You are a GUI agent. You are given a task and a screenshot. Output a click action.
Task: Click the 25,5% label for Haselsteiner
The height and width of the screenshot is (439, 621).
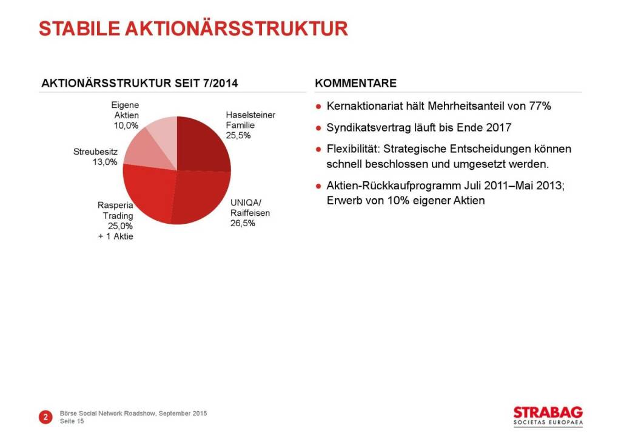pos(238,135)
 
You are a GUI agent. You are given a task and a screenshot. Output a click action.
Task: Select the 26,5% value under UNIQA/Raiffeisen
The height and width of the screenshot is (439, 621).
pos(243,223)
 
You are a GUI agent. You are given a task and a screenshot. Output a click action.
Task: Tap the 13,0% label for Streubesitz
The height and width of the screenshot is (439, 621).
pos(104,162)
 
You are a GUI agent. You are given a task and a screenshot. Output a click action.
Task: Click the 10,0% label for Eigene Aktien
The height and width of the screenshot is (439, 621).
pos(126,126)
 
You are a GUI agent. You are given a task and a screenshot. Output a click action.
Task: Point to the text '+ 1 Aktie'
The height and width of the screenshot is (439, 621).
pos(116,236)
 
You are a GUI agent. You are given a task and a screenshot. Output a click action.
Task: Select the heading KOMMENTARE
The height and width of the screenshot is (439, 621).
pos(356,83)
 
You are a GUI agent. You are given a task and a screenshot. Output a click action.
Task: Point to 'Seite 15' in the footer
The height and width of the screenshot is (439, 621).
pos(72,421)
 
